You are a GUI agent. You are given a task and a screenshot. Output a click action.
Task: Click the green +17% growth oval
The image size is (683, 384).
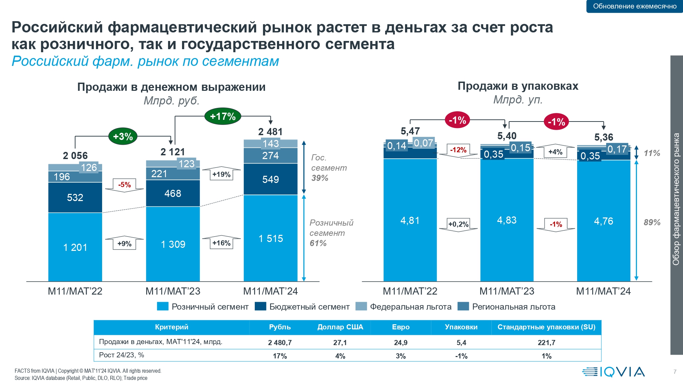(x=223, y=116)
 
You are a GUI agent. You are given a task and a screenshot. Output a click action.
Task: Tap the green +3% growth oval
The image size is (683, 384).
(x=123, y=137)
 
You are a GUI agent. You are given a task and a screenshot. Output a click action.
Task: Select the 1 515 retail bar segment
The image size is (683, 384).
(x=270, y=238)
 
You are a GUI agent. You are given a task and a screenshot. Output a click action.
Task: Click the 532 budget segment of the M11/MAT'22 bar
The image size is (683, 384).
(x=75, y=198)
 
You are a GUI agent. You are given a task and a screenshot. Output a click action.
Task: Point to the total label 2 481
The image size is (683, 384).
(x=270, y=132)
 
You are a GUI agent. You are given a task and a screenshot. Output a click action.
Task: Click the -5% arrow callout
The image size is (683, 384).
(x=124, y=185)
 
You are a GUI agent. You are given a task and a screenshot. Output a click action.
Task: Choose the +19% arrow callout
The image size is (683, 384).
(x=221, y=174)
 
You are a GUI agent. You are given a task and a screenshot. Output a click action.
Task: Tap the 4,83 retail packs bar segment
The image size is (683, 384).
(x=507, y=220)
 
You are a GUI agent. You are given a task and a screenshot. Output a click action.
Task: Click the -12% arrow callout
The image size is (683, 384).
(x=458, y=150)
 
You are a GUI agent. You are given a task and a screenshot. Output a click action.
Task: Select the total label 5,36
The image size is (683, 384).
(x=604, y=137)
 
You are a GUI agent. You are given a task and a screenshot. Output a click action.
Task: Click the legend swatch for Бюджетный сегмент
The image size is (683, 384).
(x=261, y=306)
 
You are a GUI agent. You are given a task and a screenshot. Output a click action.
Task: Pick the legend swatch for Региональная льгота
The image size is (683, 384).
(x=463, y=306)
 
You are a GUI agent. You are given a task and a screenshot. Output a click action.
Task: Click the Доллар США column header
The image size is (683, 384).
(x=340, y=327)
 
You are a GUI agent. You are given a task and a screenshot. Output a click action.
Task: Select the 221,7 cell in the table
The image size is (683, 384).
(x=546, y=342)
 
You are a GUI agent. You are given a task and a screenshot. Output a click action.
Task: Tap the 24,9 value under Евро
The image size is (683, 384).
(x=401, y=342)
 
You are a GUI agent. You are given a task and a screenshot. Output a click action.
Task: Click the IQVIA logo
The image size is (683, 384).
(x=613, y=372)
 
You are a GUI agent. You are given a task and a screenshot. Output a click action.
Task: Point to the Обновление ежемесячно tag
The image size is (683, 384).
(x=635, y=6)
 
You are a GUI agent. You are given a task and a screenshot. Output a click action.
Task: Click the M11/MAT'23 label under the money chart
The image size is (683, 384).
(x=173, y=291)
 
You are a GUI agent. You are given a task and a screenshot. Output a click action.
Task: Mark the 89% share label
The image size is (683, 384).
(x=652, y=222)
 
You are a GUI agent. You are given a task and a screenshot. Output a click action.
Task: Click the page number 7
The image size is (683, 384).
(x=675, y=372)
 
